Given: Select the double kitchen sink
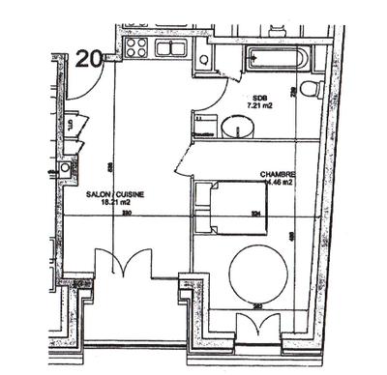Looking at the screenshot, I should (173, 47).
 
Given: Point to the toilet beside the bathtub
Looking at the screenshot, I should (310, 90).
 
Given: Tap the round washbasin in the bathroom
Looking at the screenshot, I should (234, 126).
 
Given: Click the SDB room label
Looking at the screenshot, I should (259, 98).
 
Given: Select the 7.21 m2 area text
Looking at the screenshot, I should (259, 107).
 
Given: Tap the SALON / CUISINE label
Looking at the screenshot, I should (115, 194).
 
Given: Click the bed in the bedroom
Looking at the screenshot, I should (232, 206).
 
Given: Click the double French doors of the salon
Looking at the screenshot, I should (123, 266).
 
